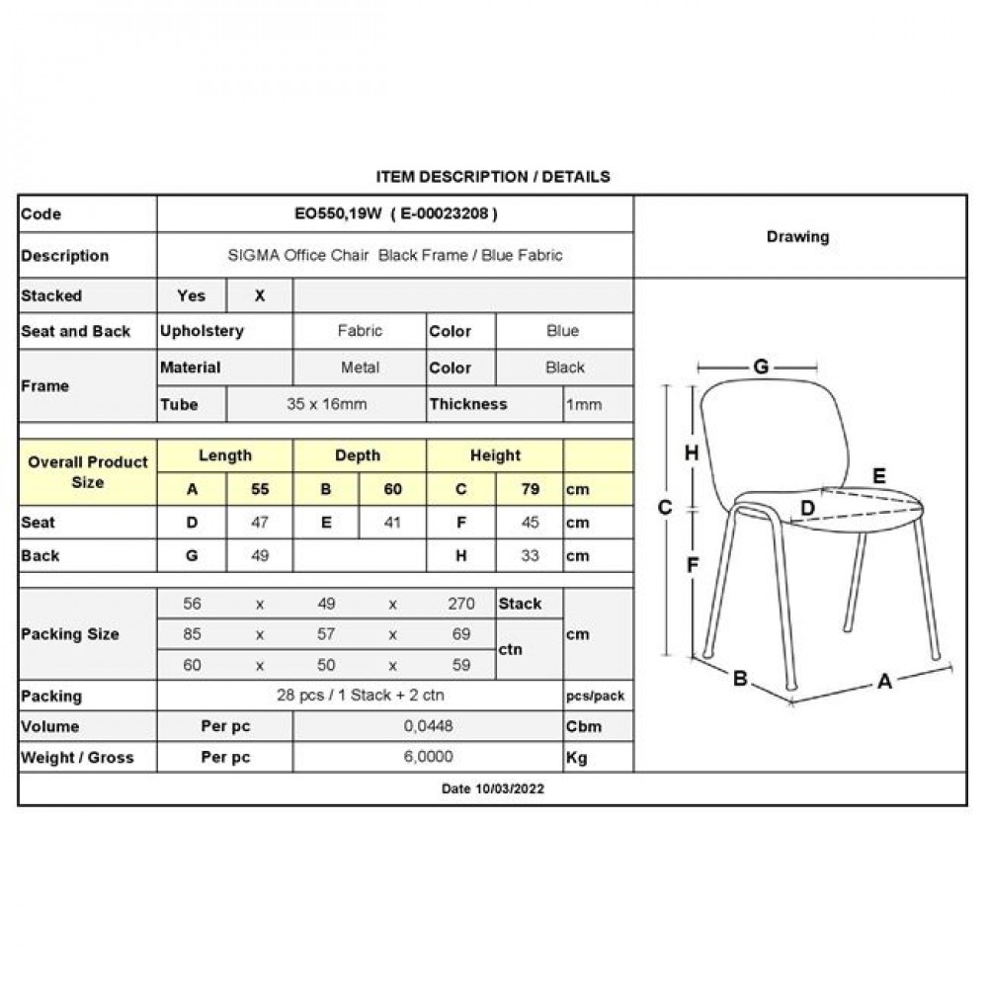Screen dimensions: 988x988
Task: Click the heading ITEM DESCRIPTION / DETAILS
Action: [x=493, y=177]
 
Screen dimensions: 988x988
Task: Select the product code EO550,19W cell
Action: [x=394, y=214]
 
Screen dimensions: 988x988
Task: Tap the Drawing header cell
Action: [x=797, y=237]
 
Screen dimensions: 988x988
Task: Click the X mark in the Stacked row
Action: [x=260, y=295]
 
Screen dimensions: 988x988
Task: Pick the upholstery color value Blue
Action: [x=562, y=331]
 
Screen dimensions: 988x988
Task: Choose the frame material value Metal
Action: [x=360, y=368]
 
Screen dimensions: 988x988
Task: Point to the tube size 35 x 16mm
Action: [x=325, y=404]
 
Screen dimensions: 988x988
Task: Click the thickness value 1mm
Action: [x=583, y=404]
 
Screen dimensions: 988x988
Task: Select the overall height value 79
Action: [x=530, y=489]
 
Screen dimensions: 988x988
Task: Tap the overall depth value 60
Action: [x=392, y=489]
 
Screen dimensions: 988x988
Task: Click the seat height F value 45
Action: [x=530, y=523]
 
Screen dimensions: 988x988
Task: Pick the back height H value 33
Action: [x=530, y=555]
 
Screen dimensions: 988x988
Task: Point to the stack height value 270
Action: [x=460, y=604]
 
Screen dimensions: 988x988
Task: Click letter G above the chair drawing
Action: [x=761, y=368]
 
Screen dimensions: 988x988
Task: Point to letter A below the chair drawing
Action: [x=884, y=681]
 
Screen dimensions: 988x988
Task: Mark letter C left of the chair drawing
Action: [x=665, y=507]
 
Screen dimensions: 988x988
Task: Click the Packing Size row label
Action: [x=70, y=634]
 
